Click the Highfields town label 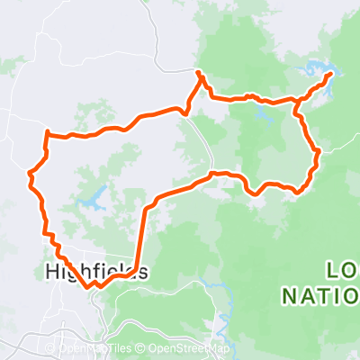pyautogui.click(x=94, y=271)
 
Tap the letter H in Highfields pyautogui.click(x=51, y=271)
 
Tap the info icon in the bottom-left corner pyautogui.click(x=11, y=348)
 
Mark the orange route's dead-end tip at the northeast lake pyautogui.click(x=331, y=74)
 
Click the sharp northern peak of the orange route pyautogui.click(x=199, y=72)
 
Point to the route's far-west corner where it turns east pyautogui.click(x=46, y=134)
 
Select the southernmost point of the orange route pyautogui.click(x=91, y=288)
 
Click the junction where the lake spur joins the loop pyautogui.click(x=297, y=101)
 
